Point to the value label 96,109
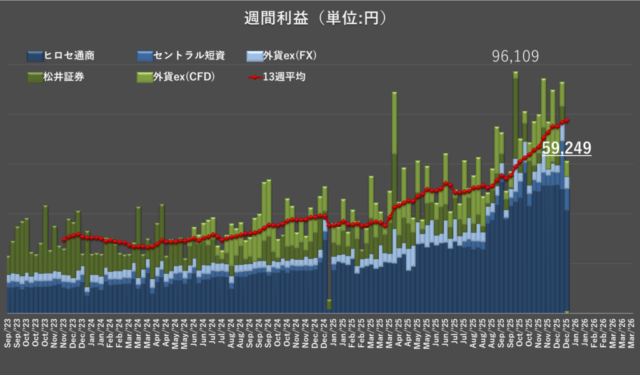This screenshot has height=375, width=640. click(x=516, y=57)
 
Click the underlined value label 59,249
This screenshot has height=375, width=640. click(x=566, y=148)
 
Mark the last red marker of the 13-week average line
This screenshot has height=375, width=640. click(x=567, y=120)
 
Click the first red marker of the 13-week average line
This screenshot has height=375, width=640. click(x=64, y=239)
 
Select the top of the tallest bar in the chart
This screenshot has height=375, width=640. click(x=516, y=73)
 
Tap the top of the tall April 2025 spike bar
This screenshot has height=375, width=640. click(x=394, y=93)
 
